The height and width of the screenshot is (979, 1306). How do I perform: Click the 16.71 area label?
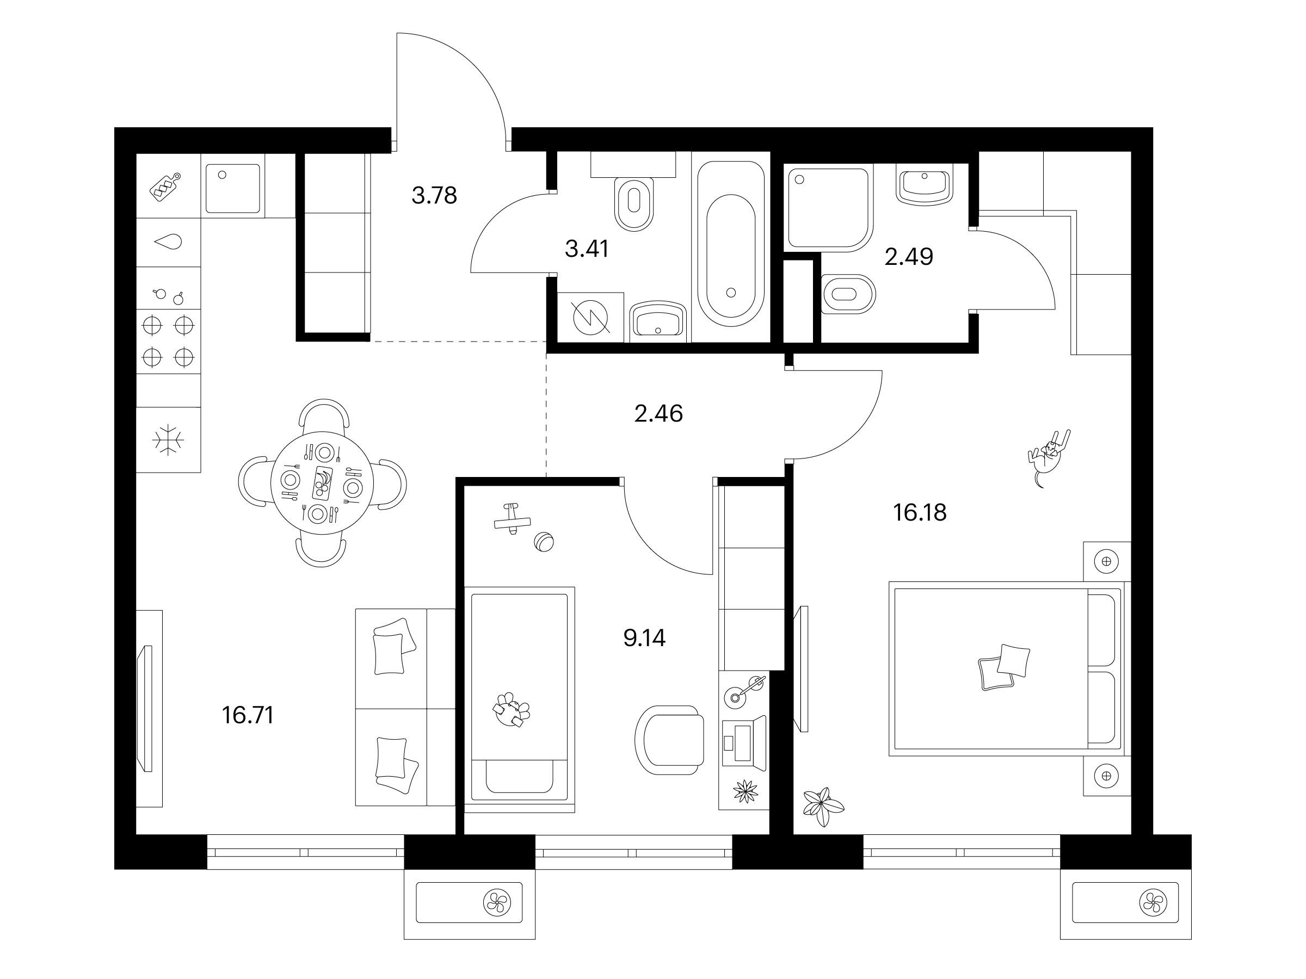(248, 715)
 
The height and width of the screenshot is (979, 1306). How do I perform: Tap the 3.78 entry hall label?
(434, 195)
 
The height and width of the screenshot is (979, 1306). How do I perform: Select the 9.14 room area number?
(644, 638)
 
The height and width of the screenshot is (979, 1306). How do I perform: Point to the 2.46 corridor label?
(658, 414)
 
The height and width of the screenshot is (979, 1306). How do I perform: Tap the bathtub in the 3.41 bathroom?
(731, 244)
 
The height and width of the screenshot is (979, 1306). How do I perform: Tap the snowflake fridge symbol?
(168, 439)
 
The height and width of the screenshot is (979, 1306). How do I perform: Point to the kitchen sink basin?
(232, 188)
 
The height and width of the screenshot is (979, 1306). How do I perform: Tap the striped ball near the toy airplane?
(544, 542)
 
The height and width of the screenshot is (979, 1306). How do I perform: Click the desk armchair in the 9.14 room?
(669, 735)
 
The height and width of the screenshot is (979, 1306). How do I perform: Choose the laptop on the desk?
(743, 742)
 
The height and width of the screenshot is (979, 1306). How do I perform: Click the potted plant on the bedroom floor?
(822, 807)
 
